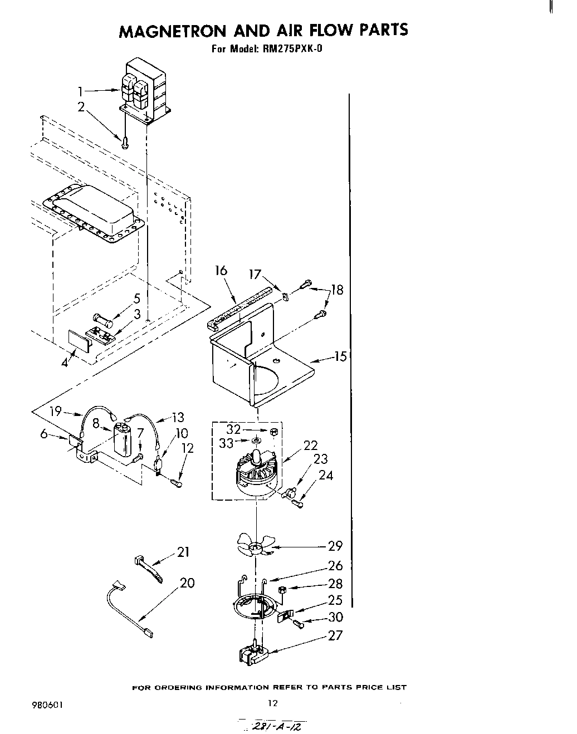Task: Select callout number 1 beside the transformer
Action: point(81,91)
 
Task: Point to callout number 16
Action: point(221,271)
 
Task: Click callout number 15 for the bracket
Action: point(340,356)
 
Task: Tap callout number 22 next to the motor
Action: point(310,445)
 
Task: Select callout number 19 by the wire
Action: point(55,412)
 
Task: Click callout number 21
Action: point(183,552)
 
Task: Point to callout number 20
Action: point(187,583)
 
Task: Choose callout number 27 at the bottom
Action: point(335,635)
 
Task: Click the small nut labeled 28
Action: point(282,589)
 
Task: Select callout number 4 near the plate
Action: point(66,363)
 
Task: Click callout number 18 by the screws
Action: point(337,290)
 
